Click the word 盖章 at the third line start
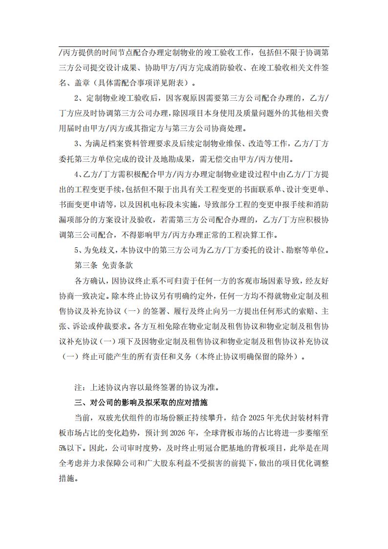tap(66, 82)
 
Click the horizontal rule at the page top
tap(194, 47)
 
